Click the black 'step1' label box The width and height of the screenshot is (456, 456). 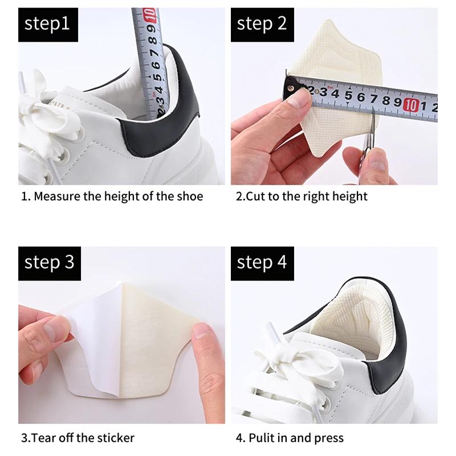coord(47,24)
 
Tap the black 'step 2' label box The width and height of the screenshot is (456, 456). coord(262,24)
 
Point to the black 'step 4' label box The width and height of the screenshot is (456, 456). coord(262,263)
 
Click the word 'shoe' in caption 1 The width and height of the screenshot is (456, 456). coord(189,197)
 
